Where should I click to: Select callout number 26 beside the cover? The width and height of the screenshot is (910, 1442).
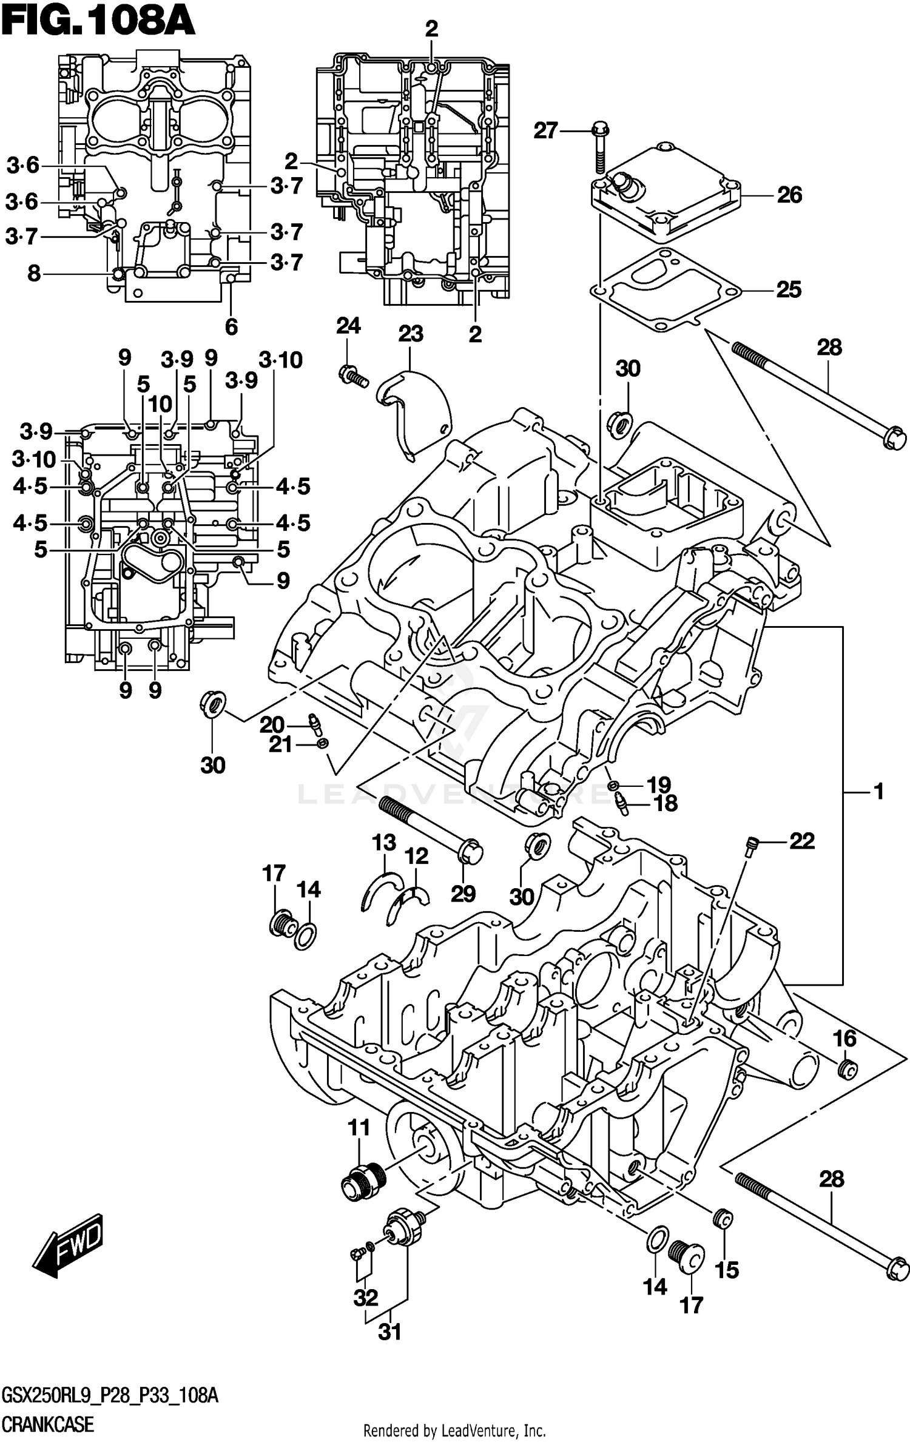[x=789, y=195]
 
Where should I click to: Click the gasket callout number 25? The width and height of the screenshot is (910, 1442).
[x=789, y=290]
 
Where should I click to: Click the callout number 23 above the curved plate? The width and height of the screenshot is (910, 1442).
[x=411, y=334]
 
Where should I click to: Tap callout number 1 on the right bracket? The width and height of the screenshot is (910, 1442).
[x=878, y=792]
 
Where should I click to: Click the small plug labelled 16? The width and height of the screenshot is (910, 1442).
[x=846, y=1070]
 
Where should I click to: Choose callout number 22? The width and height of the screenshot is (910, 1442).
[x=801, y=841]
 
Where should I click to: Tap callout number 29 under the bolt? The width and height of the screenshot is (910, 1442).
[x=463, y=894]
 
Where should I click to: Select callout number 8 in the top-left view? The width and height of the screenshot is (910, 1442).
[x=35, y=273]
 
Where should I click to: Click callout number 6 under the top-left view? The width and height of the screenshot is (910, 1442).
[x=231, y=327]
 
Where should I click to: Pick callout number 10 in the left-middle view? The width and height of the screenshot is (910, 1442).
[x=160, y=404]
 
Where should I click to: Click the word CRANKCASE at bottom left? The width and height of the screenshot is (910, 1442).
[x=49, y=1422]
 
